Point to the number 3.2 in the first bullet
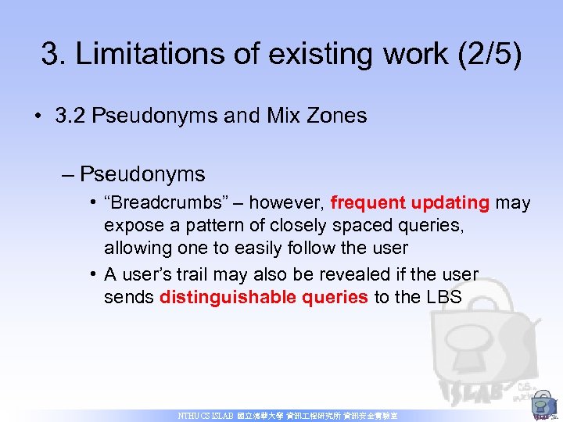tap(70, 116)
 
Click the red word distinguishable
tap(223, 297)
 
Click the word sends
tap(129, 297)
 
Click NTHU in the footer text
tap(189, 417)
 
